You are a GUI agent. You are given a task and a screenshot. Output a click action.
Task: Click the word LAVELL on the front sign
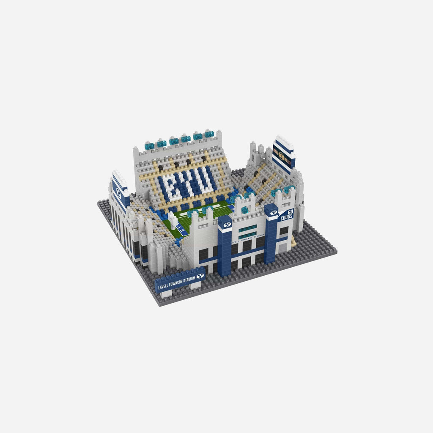coord(163,286)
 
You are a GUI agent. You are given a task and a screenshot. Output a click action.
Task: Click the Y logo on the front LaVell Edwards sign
coord(200,276)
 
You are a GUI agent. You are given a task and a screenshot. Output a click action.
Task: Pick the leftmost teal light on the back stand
coord(149,146)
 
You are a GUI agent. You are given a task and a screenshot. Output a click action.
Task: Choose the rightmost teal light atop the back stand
coord(209,134)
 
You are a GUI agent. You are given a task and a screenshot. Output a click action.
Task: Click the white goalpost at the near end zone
coord(173,219)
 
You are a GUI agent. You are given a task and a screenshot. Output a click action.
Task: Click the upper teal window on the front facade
coord(247,228)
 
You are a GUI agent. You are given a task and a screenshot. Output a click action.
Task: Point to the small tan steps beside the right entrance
coord(293,241)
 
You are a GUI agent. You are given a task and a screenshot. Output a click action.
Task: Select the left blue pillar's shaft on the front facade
coord(225,254)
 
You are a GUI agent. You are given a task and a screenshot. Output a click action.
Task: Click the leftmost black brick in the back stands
coord(161,168)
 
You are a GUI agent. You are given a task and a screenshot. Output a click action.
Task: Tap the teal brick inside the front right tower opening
coord(244,210)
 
